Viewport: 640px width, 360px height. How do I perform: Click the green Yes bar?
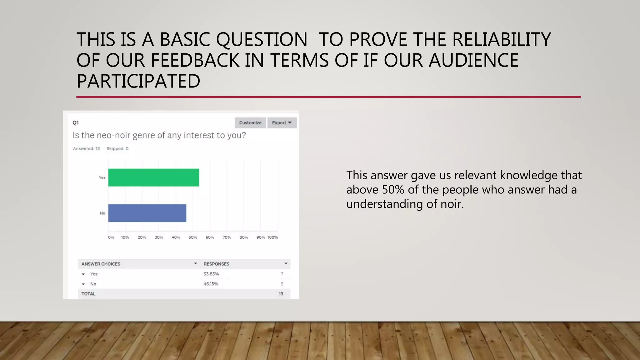pos(153,177)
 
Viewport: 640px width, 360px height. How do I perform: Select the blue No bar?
pos(147,213)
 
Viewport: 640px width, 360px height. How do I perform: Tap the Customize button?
pos(250,123)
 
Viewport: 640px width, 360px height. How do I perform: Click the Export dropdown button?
pos(282,123)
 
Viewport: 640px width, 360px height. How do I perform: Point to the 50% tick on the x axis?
pos(193,237)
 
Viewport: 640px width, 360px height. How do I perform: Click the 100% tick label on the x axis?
pos(272,237)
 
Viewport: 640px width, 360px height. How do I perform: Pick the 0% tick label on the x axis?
pos(111,237)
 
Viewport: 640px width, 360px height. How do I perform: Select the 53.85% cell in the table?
pos(211,274)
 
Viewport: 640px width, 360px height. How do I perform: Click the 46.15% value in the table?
pos(211,284)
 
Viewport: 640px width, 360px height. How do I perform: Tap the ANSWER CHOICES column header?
pos(101,264)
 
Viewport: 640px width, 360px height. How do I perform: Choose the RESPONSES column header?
pos(217,264)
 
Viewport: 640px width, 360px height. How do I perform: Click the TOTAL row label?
pos(88,294)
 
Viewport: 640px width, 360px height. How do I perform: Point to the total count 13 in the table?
pos(281,294)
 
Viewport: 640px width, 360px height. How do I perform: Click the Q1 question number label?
pos(76,123)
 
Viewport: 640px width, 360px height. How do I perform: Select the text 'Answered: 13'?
pos(86,149)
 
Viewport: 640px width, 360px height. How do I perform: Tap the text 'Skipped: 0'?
pos(117,149)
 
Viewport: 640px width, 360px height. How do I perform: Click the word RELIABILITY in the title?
pos(501,40)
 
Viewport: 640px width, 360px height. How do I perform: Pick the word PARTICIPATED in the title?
pos(138,81)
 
